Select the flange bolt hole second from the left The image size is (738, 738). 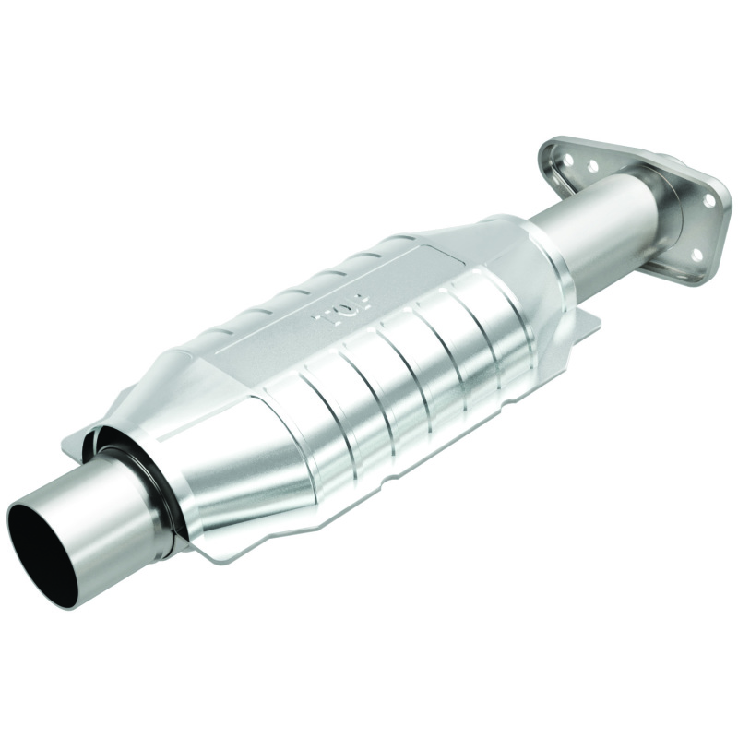tap(591, 167)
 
